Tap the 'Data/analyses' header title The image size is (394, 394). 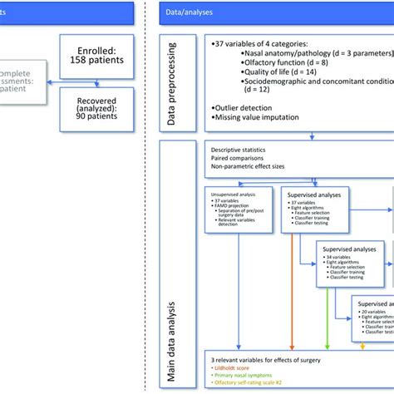click(x=187, y=11)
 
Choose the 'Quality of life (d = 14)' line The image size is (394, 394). click(x=265, y=81)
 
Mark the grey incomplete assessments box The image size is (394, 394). click(x=21, y=80)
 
